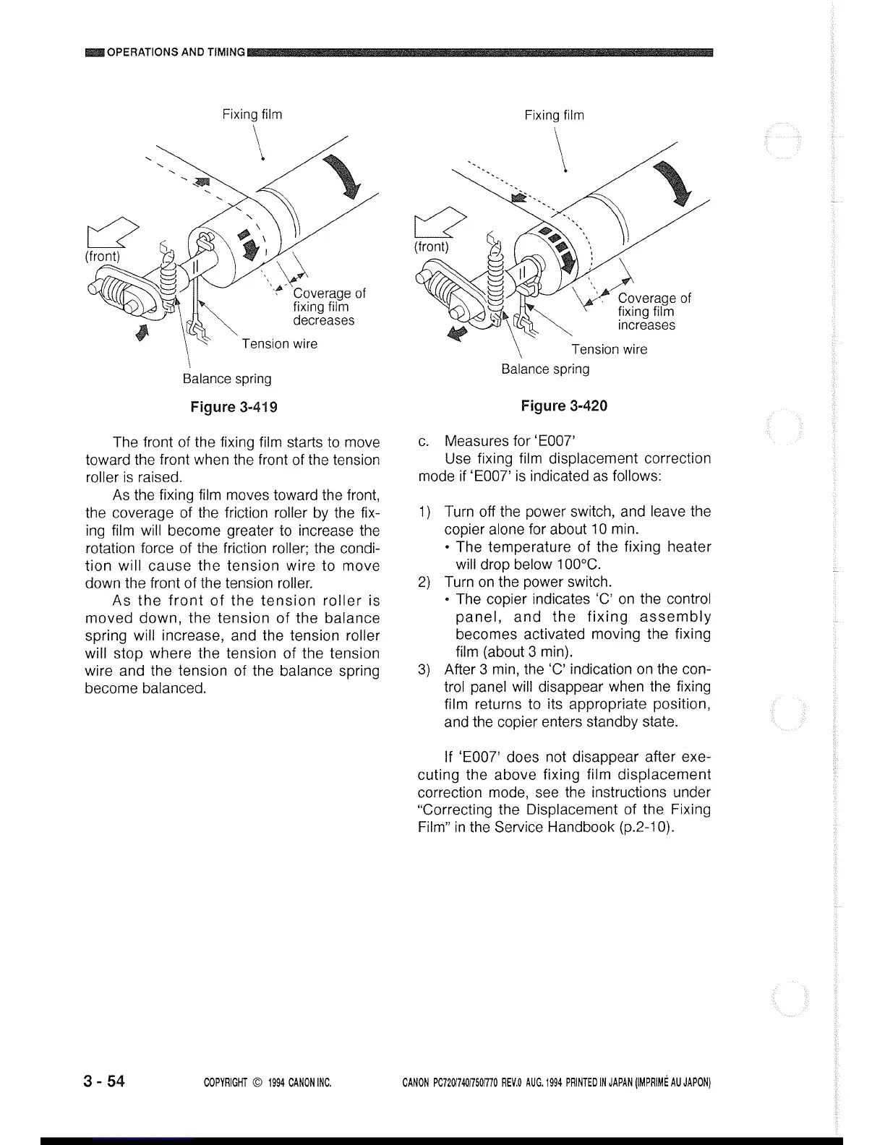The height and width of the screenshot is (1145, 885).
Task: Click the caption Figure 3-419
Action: (x=234, y=406)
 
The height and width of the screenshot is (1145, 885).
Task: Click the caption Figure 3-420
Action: (x=564, y=406)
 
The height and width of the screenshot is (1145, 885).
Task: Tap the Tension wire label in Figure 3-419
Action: (x=280, y=343)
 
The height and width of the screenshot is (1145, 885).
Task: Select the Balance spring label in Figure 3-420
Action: (x=545, y=369)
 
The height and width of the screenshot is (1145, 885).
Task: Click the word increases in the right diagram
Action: (x=646, y=325)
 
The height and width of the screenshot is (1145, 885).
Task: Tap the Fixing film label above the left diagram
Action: (x=252, y=114)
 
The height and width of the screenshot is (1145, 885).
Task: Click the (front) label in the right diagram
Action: (x=431, y=246)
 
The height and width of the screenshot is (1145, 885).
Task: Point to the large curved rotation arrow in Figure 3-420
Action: (x=672, y=184)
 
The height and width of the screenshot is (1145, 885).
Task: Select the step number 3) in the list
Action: (x=425, y=669)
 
